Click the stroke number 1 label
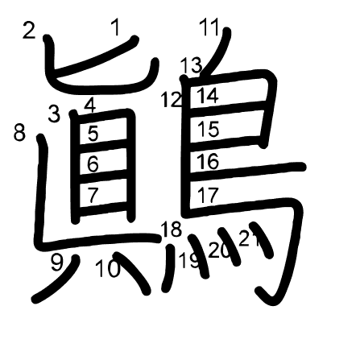point(115,28)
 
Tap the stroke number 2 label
point(29,30)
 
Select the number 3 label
point(54,114)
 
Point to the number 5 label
point(93,134)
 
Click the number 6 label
point(93,163)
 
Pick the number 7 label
point(93,195)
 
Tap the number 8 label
point(19,132)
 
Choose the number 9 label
point(57,263)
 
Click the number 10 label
point(108,269)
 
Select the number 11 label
point(209,28)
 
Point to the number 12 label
point(172,100)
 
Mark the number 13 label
point(191,65)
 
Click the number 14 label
point(207,96)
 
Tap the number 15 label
point(209,129)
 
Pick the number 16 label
point(208,161)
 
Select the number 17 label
point(208,195)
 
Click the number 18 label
point(171,230)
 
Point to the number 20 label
point(219,250)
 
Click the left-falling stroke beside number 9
point(56,279)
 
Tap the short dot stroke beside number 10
point(132,273)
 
